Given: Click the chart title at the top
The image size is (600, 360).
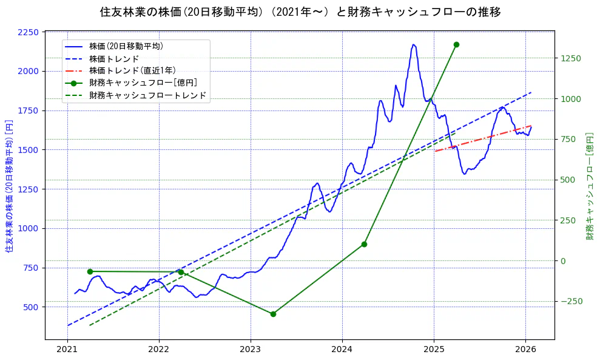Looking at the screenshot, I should [300, 12].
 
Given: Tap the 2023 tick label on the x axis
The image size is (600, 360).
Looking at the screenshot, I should [251, 349].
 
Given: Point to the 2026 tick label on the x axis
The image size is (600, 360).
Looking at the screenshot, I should [525, 349].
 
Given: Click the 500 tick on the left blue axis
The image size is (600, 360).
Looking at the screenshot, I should [31, 307].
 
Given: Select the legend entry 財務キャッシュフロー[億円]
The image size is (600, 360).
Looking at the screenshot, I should [143, 83].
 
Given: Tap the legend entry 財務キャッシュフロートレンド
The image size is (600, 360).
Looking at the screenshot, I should [147, 95].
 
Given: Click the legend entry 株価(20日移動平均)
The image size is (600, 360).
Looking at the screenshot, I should [126, 46].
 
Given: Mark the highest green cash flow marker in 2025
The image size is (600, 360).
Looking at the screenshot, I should [456, 44].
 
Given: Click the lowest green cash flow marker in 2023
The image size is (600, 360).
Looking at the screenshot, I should [273, 314].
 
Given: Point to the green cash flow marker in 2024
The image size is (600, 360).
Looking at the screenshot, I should [364, 244].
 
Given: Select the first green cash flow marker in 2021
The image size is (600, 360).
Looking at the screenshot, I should [90, 271].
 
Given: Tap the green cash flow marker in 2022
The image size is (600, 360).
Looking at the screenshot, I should [181, 272].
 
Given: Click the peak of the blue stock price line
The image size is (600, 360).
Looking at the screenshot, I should [414, 44].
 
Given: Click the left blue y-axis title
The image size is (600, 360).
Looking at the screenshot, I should [9, 186].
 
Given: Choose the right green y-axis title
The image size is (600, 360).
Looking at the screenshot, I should [590, 186].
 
